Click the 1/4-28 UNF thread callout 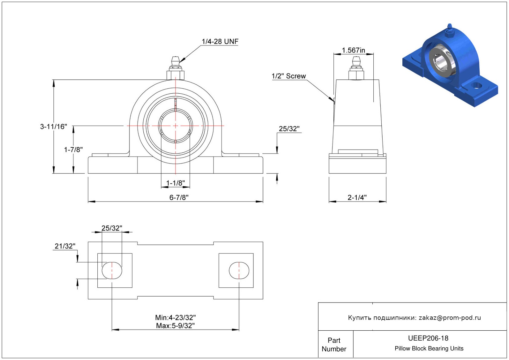tap(220, 42)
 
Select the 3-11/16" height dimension tap(54, 126)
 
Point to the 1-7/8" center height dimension tap(73, 150)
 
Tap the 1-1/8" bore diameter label tap(176, 183)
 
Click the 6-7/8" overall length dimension tap(179, 197)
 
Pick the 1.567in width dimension tap(353, 50)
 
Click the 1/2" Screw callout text tap(289, 76)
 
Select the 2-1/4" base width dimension tap(357, 197)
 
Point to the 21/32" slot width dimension tap(65, 246)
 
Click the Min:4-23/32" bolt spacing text tap(176, 317)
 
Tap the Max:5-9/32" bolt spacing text tap(176, 325)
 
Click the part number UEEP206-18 tap(428, 338)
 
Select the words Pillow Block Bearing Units tap(429, 348)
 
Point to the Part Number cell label tap(334, 345)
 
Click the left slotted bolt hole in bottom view tap(112, 270)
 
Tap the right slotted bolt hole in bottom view tap(239, 270)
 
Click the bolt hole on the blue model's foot tap(477, 86)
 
